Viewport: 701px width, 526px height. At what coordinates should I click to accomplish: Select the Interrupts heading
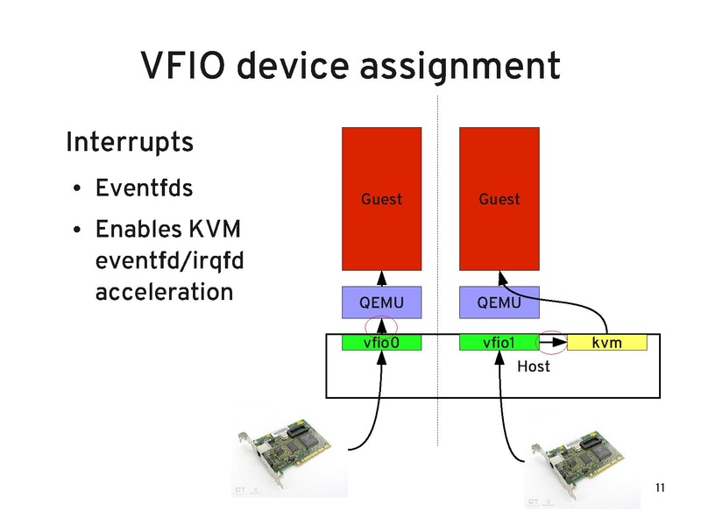pos(130,142)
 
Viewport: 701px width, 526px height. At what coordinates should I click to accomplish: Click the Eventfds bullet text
pos(144,188)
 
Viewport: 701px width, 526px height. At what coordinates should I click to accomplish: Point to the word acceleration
pos(163,291)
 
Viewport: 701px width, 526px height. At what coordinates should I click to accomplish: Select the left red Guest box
pos(381,199)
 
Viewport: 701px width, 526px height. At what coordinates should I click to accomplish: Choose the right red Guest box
pos(499,199)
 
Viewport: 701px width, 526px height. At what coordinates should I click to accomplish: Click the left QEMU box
pos(381,302)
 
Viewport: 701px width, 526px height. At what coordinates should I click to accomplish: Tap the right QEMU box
pos(499,302)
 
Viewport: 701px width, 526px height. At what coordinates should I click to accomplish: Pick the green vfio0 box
pos(381,342)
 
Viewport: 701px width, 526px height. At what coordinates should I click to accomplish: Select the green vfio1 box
pos(499,342)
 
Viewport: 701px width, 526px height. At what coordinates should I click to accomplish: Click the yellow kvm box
pos(606,342)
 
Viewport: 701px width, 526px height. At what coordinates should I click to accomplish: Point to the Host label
pos(533,366)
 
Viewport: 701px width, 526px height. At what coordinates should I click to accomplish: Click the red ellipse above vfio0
pos(381,327)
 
